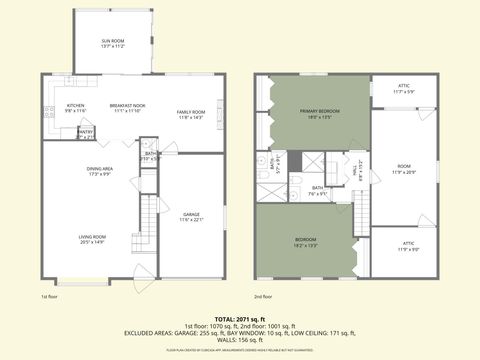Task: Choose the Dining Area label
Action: coord(99,171)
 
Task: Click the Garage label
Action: coord(191,217)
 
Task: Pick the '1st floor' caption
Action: coord(50,297)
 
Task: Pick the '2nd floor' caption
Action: coord(264,297)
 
